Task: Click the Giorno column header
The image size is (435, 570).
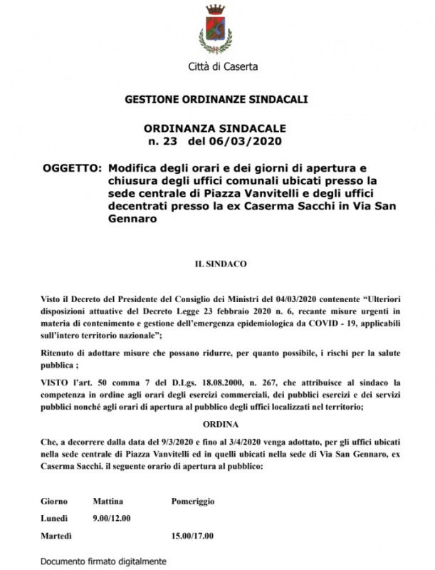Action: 54,501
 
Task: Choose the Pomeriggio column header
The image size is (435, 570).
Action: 192,501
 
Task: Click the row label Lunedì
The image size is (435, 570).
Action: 55,518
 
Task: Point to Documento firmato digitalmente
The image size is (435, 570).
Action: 104,561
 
